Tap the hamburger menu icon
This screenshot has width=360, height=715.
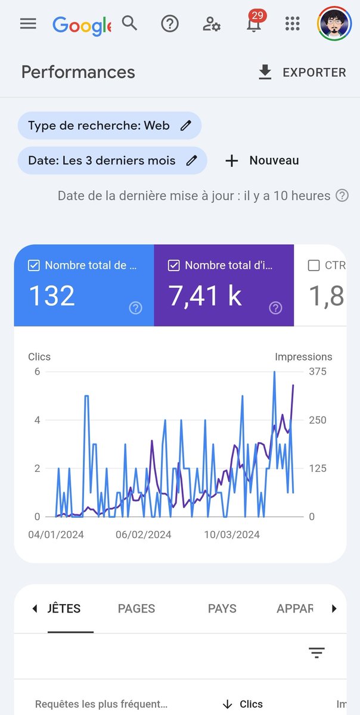pyautogui.click(x=28, y=23)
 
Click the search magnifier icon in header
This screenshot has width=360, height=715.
pyautogui.click(x=129, y=23)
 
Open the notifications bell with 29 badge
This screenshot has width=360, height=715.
pyautogui.click(x=253, y=24)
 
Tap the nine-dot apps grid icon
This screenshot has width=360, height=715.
pyautogui.click(x=292, y=24)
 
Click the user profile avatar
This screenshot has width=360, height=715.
pyautogui.click(x=334, y=24)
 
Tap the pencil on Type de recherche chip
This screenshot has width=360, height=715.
pyautogui.click(x=186, y=126)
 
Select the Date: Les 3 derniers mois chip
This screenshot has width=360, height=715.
pyautogui.click(x=112, y=161)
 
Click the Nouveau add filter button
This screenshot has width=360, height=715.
pyautogui.click(x=262, y=161)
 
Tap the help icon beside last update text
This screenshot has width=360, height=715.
pyautogui.click(x=342, y=195)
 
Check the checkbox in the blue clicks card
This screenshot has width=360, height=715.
pyautogui.click(x=34, y=266)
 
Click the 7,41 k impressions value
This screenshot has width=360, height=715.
pyautogui.click(x=205, y=296)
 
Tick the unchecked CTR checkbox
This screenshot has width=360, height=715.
pyautogui.click(x=314, y=266)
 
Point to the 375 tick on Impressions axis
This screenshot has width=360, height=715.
pyautogui.click(x=317, y=371)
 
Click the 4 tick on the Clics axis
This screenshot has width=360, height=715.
pyautogui.click(x=37, y=420)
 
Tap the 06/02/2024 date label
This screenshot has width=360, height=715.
pyautogui.click(x=143, y=534)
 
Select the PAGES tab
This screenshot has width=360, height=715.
pyautogui.click(x=136, y=608)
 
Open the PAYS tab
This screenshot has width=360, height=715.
pyautogui.click(x=222, y=608)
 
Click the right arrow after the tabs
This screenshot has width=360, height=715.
pyautogui.click(x=334, y=608)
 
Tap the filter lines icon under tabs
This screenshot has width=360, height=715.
pyautogui.click(x=316, y=653)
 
